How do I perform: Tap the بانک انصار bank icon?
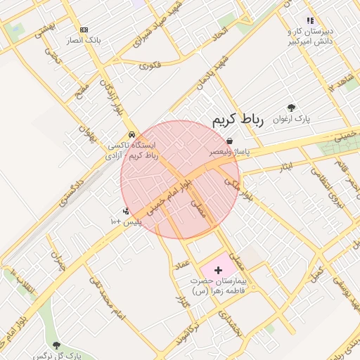(x=84, y=30)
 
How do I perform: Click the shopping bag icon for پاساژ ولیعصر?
(x=230, y=141)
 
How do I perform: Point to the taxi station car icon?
(x=131, y=135)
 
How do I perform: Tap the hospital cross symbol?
(x=217, y=269)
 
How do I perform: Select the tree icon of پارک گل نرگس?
(x=56, y=345)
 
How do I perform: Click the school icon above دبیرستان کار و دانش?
(x=310, y=21)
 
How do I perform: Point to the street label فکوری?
(x=149, y=66)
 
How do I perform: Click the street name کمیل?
(x=317, y=271)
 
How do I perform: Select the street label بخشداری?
(x=231, y=324)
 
